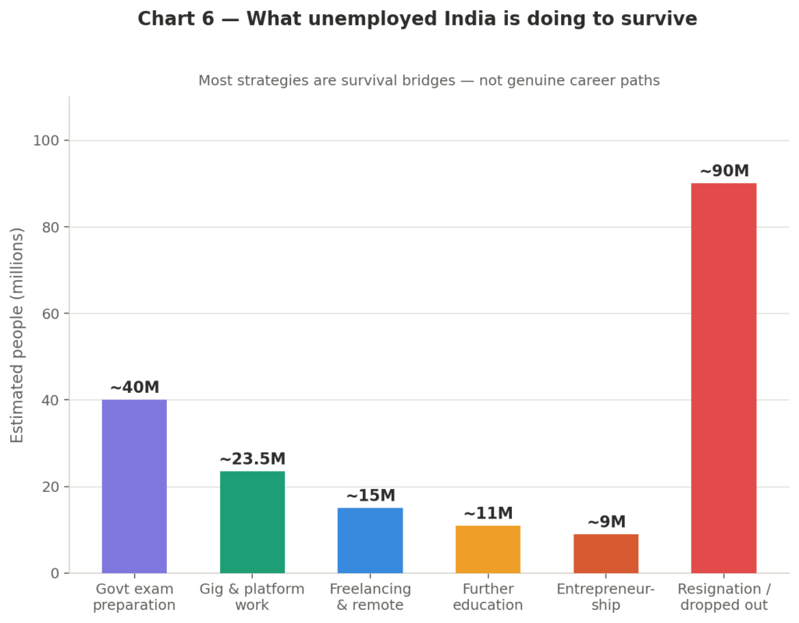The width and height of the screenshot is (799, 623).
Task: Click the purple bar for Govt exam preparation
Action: (x=134, y=487)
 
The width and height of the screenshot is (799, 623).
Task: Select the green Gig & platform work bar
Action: (x=252, y=522)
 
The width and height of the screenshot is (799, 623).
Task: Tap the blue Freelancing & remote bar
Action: (x=370, y=540)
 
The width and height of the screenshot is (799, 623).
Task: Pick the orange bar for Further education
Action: (x=488, y=549)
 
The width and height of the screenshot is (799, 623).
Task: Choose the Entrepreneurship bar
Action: (x=605, y=554)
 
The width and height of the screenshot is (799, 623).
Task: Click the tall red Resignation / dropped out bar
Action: (x=723, y=378)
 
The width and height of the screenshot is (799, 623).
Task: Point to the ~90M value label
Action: (x=723, y=172)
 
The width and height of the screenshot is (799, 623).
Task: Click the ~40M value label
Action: (x=134, y=388)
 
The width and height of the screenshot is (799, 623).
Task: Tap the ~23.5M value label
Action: (x=252, y=459)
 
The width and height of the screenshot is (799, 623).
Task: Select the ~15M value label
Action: (x=370, y=496)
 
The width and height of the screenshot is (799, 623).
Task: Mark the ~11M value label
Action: (x=488, y=514)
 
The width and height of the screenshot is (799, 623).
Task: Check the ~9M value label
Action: (x=605, y=522)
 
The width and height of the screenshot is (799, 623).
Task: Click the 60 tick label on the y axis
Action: (x=50, y=313)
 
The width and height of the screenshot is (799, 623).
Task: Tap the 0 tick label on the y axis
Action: (x=55, y=573)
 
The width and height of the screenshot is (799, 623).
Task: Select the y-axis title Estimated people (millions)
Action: (x=17, y=335)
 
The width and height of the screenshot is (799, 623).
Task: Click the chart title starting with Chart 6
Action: (x=417, y=19)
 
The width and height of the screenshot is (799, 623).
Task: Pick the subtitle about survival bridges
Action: (x=428, y=80)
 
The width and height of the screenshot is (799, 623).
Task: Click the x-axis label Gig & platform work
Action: (x=252, y=596)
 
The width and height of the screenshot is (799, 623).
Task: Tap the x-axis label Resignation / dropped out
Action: (x=723, y=596)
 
